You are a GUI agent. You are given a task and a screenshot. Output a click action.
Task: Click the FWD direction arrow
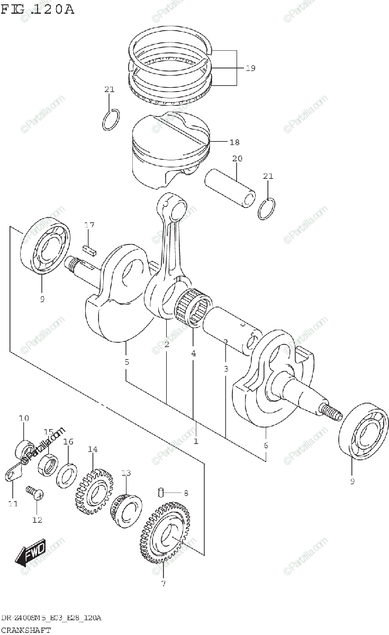[x=32, y=552]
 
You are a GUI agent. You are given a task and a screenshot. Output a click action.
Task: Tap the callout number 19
[x=250, y=68]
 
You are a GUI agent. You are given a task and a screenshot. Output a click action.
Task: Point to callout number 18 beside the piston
[x=234, y=142]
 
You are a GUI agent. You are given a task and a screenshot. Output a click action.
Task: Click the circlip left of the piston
[x=110, y=120]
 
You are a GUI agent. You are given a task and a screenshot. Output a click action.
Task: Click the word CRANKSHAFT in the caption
[x=26, y=630]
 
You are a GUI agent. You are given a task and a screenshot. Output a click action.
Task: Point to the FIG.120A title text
[x=37, y=9]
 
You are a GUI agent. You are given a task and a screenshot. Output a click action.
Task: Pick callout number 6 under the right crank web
[x=266, y=445]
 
